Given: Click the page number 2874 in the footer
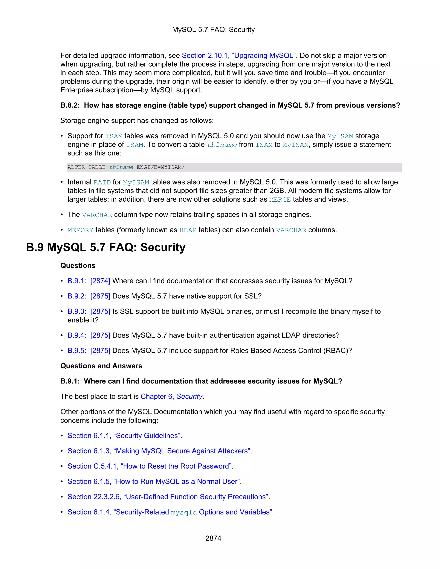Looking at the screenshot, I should tap(213, 538).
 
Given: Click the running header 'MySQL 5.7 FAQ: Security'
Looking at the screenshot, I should tap(213, 30).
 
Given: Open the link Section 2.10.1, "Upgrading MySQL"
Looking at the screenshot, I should tap(238, 55).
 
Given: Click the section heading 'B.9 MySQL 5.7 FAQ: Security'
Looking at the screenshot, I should tap(105, 247).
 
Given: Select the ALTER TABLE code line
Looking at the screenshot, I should tap(126, 167).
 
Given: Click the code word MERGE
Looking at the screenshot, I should tap(280, 199).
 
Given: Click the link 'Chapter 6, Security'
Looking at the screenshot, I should tap(171, 397).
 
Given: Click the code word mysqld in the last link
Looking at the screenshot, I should tap(184, 513).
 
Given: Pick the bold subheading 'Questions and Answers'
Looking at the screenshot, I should tap(101, 366).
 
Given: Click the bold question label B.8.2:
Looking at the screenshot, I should tap(70, 105).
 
